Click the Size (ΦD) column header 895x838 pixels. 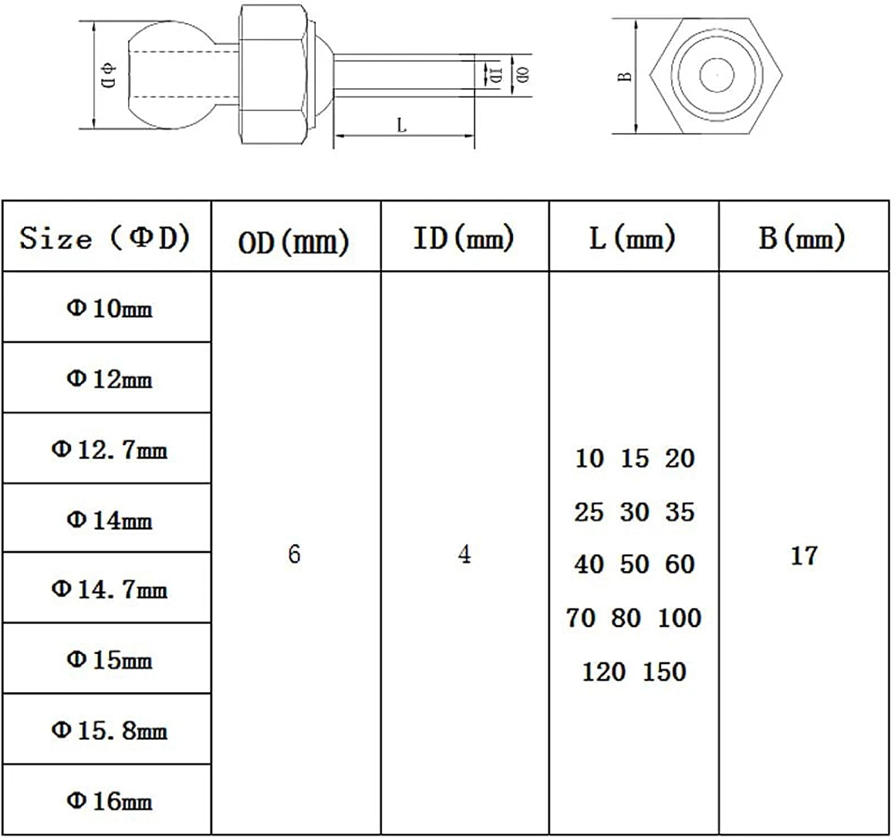pyautogui.click(x=105, y=238)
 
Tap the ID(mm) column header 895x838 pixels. pyautogui.click(x=464, y=238)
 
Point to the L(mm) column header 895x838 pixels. pyautogui.click(x=632, y=238)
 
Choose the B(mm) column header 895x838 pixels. pyautogui.click(x=802, y=238)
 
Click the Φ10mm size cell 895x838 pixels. pyautogui.click(x=109, y=309)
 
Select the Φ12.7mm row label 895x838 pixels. pyautogui.click(x=109, y=449)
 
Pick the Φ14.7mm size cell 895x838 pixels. pyautogui.click(x=109, y=590)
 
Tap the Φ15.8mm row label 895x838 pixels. pyautogui.click(x=109, y=730)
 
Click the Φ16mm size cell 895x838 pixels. pyautogui.click(x=109, y=800)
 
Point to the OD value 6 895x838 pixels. pyautogui.click(x=294, y=554)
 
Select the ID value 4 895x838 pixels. pyautogui.click(x=464, y=554)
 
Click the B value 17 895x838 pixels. pyautogui.click(x=803, y=556)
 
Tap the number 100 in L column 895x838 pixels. pyautogui.click(x=679, y=618)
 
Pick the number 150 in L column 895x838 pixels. pyautogui.click(x=664, y=671)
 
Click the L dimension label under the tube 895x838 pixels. pyautogui.click(x=402, y=125)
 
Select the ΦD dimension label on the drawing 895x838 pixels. pyautogui.click(x=109, y=75)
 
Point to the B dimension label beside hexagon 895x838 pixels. pyautogui.click(x=625, y=76)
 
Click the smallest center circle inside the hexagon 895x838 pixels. pyautogui.click(x=717, y=75)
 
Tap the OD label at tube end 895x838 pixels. pyautogui.click(x=523, y=75)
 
